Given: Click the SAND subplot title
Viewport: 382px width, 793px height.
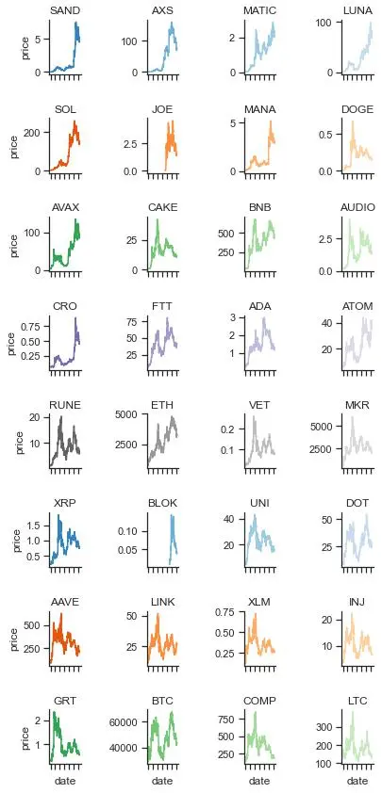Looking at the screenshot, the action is (x=64, y=10).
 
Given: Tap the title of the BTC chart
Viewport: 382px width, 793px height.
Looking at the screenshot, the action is (x=162, y=701).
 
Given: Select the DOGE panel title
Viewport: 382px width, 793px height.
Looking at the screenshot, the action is (x=358, y=108).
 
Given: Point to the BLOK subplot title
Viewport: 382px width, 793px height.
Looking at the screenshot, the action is (x=162, y=503).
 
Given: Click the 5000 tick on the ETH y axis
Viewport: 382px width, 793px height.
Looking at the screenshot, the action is (x=131, y=414).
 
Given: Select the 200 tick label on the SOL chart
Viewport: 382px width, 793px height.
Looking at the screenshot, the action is (x=38, y=132).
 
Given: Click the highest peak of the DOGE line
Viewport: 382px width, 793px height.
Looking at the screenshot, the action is (x=352, y=121).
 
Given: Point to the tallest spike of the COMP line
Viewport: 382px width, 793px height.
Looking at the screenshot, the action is (x=256, y=713).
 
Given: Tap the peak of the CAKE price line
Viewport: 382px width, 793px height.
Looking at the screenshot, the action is (x=158, y=219).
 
